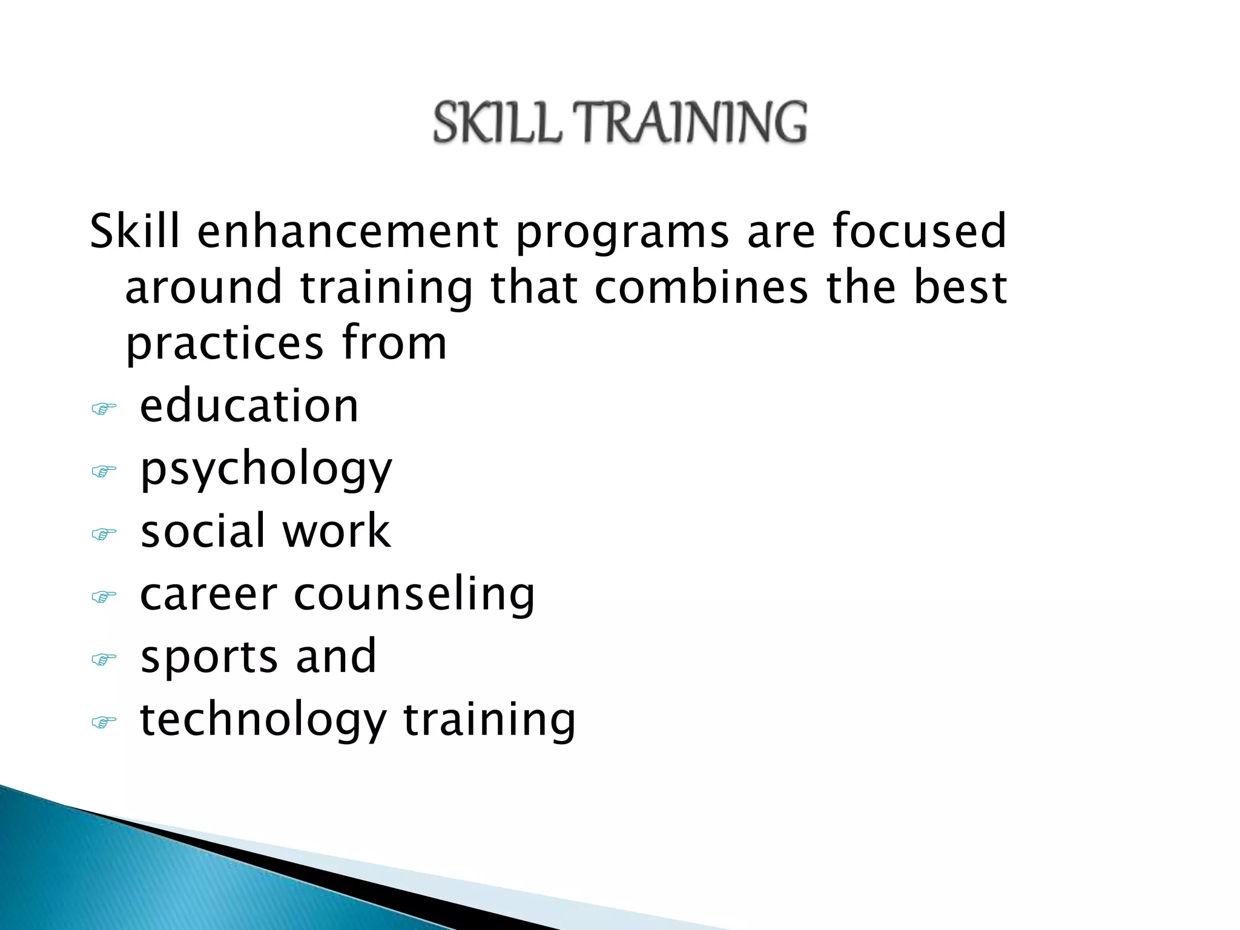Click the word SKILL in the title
pyautogui.click(x=497, y=123)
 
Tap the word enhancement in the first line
pyautogui.click(x=348, y=231)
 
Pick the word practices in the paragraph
pyautogui.click(x=225, y=344)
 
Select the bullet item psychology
pyautogui.click(x=266, y=469)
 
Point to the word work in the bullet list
pyautogui.click(x=337, y=531)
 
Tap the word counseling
pyautogui.click(x=414, y=595)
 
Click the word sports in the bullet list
pyautogui.click(x=209, y=657)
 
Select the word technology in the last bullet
pyautogui.click(x=263, y=721)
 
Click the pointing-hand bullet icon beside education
pyautogui.click(x=104, y=409)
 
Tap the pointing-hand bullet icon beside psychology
pyautogui.click(x=104, y=471)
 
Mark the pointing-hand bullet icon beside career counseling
pyautogui.click(x=104, y=597)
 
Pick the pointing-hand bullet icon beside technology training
pyautogui.click(x=104, y=722)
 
